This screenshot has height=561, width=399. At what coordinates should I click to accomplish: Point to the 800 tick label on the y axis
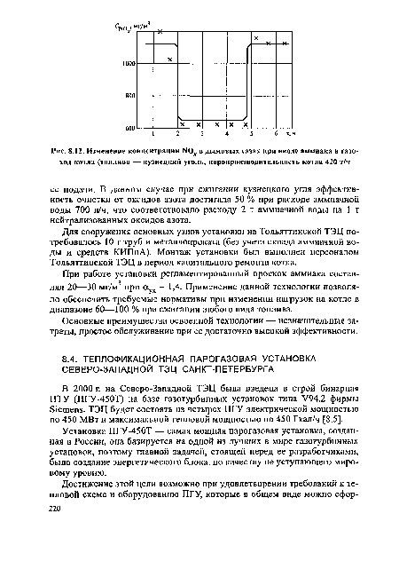(x=130, y=95)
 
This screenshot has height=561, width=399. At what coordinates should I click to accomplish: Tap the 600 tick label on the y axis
(x=130, y=129)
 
